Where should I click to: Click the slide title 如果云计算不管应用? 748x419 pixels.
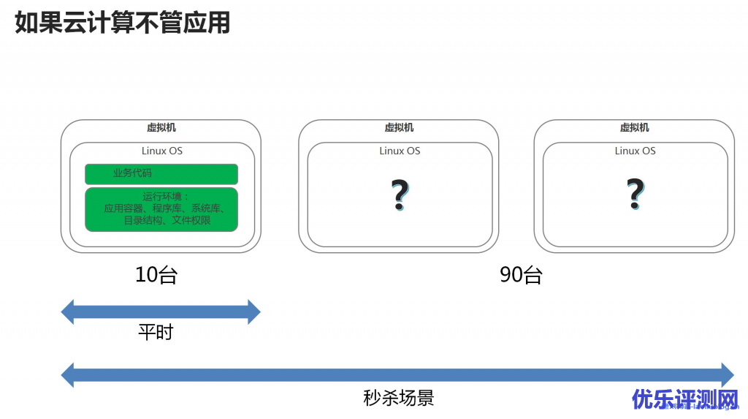click(123, 22)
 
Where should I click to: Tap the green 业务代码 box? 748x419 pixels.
click(161, 174)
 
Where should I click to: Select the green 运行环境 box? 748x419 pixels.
click(161, 209)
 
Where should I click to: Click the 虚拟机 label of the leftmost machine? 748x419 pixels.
click(161, 127)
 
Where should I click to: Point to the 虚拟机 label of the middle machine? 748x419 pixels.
click(399, 127)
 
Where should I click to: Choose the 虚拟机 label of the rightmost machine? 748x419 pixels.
click(634, 127)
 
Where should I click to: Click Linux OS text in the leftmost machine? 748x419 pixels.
click(161, 151)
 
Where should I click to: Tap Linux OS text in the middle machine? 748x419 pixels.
click(400, 151)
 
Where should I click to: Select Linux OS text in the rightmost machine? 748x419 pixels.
click(635, 151)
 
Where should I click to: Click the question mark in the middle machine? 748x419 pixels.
click(399, 195)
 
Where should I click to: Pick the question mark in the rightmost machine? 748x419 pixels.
click(635, 195)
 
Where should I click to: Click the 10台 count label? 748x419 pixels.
click(156, 275)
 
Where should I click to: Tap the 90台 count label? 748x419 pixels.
click(521, 275)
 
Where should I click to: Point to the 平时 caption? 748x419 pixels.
click(156, 332)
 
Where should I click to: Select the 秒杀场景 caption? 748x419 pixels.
click(398, 398)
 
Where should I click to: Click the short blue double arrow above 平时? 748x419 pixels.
click(161, 312)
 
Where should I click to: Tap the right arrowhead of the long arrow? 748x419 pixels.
click(727, 375)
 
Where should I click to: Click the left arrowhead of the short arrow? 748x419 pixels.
click(68, 312)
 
